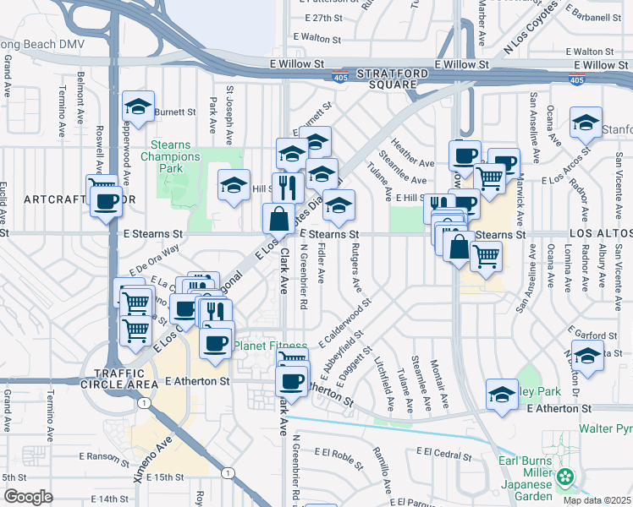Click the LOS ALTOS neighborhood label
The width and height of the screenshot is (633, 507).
[600, 232]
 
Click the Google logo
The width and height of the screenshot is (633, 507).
[28, 496]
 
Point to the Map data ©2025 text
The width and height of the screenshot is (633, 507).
[597, 500]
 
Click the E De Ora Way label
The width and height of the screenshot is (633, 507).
[154, 261]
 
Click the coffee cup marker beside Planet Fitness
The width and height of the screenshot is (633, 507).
[215, 342]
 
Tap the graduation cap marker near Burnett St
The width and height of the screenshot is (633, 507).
[138, 106]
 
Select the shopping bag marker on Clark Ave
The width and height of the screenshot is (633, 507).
[279, 220]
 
